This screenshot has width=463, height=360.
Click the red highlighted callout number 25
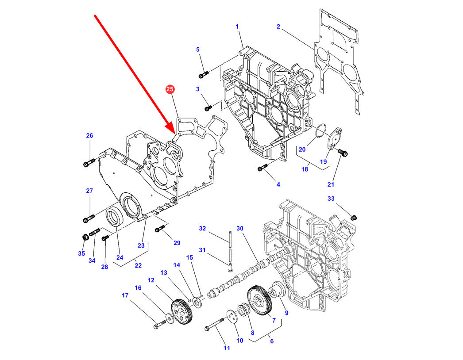[x=170, y=90]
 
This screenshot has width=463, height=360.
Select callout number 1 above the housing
[x=237, y=27]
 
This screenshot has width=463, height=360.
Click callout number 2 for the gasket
[x=278, y=27]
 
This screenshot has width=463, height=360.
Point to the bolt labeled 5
[x=203, y=74]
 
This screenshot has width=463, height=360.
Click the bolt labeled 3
[x=208, y=107]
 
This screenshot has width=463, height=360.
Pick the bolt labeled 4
[x=262, y=168]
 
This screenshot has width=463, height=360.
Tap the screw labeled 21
[x=343, y=153]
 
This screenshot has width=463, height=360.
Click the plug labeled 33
[x=353, y=217]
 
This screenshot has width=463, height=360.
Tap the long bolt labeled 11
[x=216, y=326]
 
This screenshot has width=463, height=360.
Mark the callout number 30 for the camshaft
[x=240, y=229]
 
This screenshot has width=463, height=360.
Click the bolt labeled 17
[x=158, y=326]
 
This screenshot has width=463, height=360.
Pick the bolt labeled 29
[x=160, y=229]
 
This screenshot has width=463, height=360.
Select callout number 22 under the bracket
[x=138, y=265]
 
